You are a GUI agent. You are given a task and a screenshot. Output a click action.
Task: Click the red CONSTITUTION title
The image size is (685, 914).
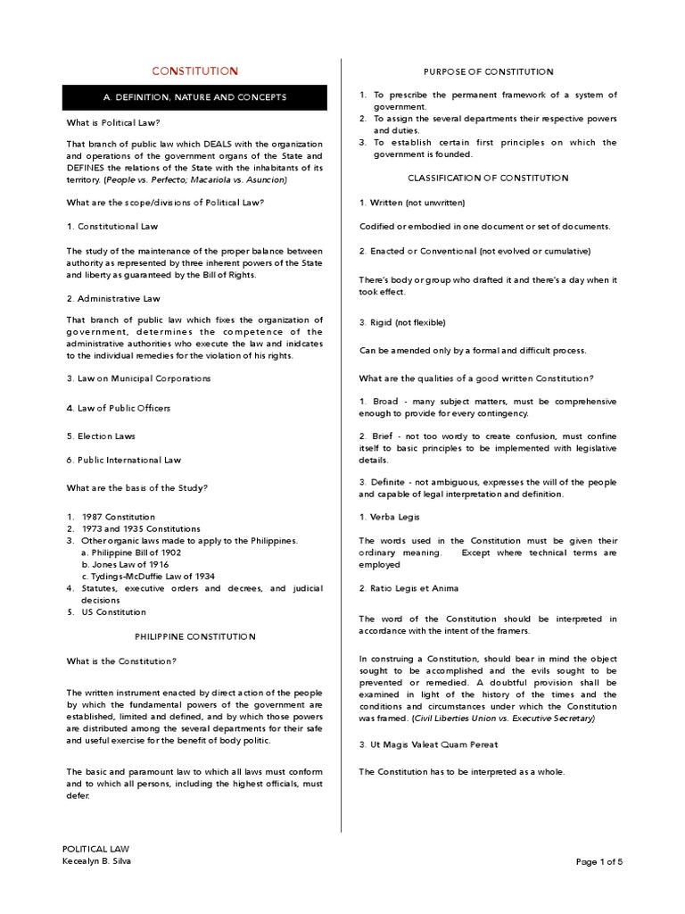pyautogui.click(x=194, y=71)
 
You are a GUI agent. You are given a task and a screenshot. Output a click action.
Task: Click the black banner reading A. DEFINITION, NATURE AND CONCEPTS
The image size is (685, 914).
pyautogui.click(x=194, y=97)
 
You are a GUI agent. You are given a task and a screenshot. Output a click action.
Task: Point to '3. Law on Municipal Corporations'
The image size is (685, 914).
pyautogui.click(x=138, y=378)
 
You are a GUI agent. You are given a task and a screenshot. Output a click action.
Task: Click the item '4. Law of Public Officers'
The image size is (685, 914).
pyautogui.click(x=119, y=408)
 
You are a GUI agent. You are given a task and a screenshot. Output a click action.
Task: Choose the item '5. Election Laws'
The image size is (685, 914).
pyautogui.click(x=102, y=436)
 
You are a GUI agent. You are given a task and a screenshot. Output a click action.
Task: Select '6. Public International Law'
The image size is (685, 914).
pyautogui.click(x=124, y=460)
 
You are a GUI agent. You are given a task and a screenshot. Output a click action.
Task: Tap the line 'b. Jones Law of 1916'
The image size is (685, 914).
pyautogui.click(x=126, y=564)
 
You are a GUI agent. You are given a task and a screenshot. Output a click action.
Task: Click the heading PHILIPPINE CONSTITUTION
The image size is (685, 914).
pyautogui.click(x=194, y=636)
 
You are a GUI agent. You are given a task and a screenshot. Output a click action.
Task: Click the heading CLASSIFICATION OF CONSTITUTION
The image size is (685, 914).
pyautogui.click(x=488, y=178)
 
